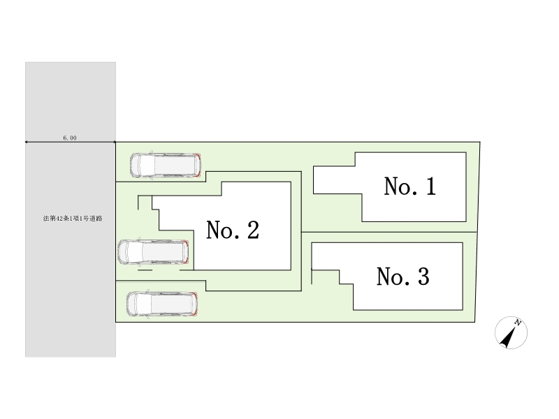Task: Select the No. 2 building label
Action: coord(233,230)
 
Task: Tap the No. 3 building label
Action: coord(402,277)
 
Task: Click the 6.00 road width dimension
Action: coord(70,138)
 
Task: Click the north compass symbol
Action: coord(511,332)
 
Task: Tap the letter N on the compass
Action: coord(518,322)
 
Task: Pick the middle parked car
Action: coord(154,251)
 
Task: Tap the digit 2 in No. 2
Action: coord(252,230)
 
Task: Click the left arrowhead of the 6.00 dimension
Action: coord(27,142)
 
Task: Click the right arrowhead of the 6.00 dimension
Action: coord(114,142)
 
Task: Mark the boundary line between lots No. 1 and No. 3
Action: coord(389,232)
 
